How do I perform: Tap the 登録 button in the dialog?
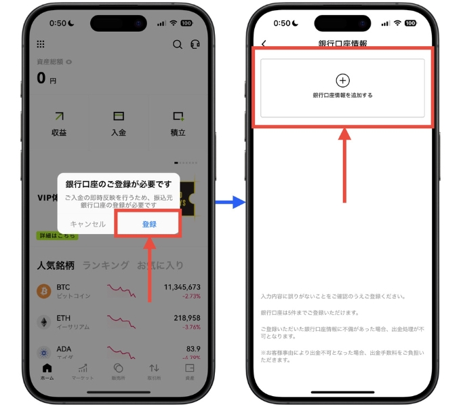pyautogui.click(x=149, y=224)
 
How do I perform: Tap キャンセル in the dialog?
pyautogui.click(x=88, y=224)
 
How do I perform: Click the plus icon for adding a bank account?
pyautogui.click(x=342, y=80)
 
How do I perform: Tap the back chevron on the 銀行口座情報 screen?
pyautogui.click(x=264, y=44)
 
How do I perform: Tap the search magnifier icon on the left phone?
pyautogui.click(x=177, y=44)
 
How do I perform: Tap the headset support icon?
pyautogui.click(x=195, y=44)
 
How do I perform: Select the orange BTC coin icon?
pyautogui.click(x=44, y=291)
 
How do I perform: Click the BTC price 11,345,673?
pyautogui.click(x=182, y=287)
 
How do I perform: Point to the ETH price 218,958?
pyautogui.click(x=187, y=317)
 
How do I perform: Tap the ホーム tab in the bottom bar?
pyautogui.click(x=47, y=371)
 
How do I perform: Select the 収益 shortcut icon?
pyautogui.click(x=59, y=117)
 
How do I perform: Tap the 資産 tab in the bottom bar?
pyautogui.click(x=189, y=371)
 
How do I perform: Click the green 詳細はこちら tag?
pyautogui.click(x=58, y=235)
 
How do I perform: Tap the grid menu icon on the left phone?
pyautogui.click(x=41, y=44)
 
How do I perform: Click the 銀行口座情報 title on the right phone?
pyautogui.click(x=342, y=44)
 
